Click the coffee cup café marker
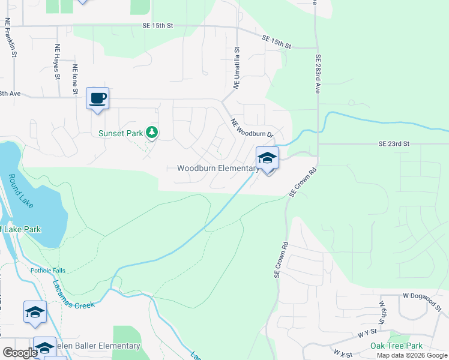97,98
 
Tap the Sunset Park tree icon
152,132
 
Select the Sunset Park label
121,133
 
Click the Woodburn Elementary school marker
268,159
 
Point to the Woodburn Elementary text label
218,169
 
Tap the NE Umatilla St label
237,69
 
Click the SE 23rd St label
394,144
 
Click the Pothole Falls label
48,271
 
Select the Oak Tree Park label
396,346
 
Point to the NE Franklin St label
10,38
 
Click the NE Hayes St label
58,62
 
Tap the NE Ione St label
75,79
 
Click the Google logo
20,353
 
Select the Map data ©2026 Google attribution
412,355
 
